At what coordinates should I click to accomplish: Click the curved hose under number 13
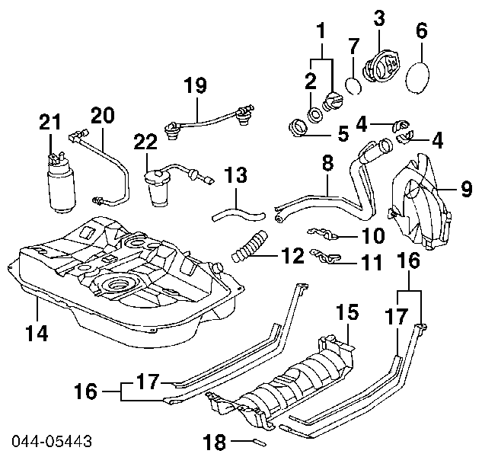[235, 206]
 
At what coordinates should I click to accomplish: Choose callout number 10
[374, 235]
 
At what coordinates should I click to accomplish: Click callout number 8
[327, 162]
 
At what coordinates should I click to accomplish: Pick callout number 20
[102, 115]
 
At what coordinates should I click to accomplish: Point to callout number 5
[343, 136]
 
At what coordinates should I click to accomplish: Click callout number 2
[311, 81]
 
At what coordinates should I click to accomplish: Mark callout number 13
[236, 176]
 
